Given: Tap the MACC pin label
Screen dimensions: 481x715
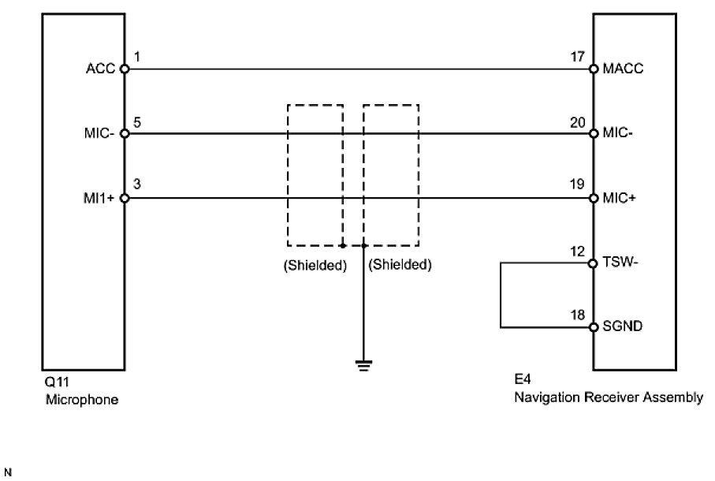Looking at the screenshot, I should point(623,69).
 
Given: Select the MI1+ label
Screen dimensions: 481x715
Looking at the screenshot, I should point(102,199).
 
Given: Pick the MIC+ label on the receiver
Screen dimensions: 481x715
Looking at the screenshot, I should point(621,199).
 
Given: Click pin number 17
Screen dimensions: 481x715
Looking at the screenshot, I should point(578,57).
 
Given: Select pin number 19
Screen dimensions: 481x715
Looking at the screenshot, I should point(578,186).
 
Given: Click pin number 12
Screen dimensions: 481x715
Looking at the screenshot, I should point(578,252).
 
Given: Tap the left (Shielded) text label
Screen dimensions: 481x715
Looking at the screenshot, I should point(315,265).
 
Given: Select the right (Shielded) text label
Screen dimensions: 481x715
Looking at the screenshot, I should point(400,265).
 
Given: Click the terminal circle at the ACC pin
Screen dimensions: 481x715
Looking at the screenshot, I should point(124,69).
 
